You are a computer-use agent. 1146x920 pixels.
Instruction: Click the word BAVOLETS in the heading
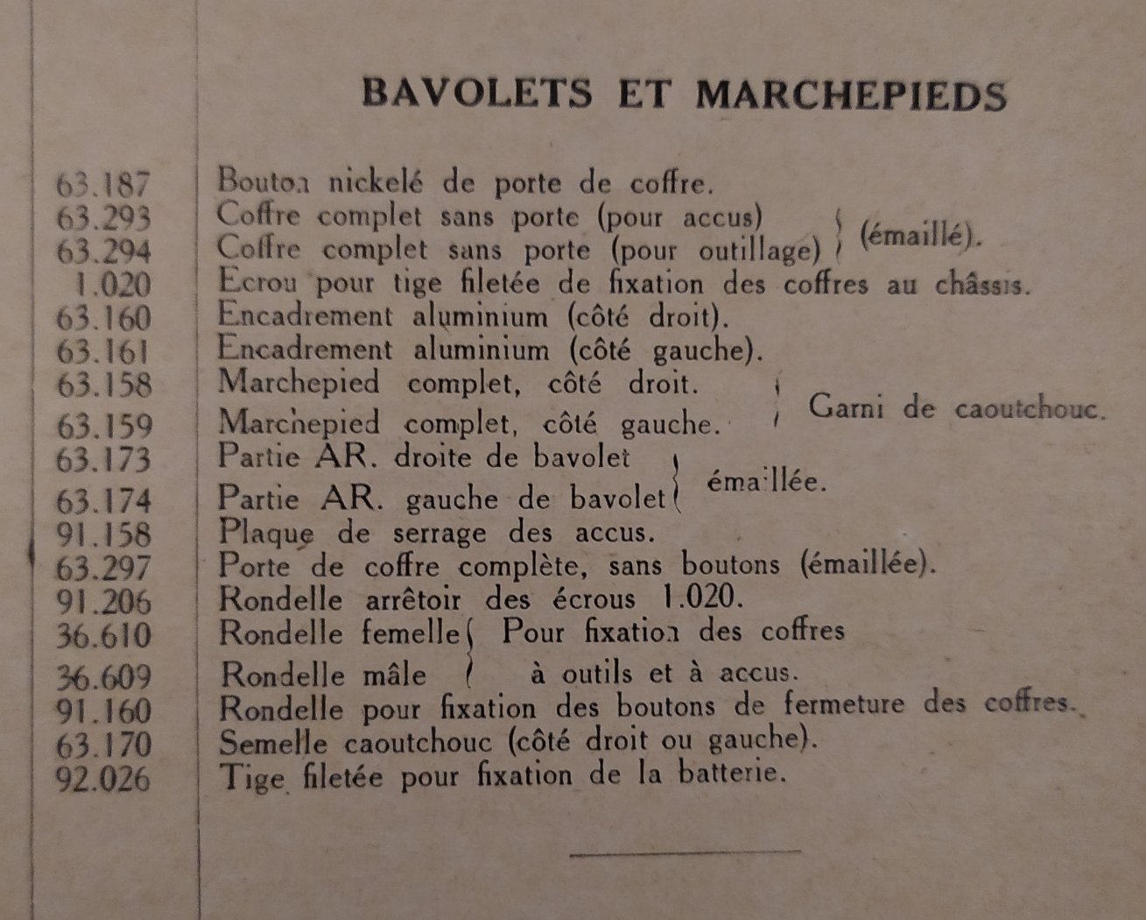(x=477, y=94)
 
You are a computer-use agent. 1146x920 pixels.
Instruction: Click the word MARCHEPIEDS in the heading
(x=851, y=95)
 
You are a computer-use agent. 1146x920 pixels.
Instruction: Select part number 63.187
(x=103, y=185)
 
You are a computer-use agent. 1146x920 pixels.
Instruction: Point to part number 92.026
(x=102, y=779)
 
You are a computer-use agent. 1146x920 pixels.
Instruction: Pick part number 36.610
(x=103, y=635)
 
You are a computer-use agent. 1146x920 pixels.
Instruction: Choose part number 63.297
(x=103, y=569)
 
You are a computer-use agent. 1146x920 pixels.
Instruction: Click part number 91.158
(x=103, y=534)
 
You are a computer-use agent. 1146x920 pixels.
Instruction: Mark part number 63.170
(x=103, y=746)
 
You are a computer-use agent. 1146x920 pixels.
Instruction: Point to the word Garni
(x=845, y=407)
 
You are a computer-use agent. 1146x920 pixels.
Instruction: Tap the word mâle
(x=391, y=675)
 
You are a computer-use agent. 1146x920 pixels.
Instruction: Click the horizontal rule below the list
(x=685, y=851)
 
